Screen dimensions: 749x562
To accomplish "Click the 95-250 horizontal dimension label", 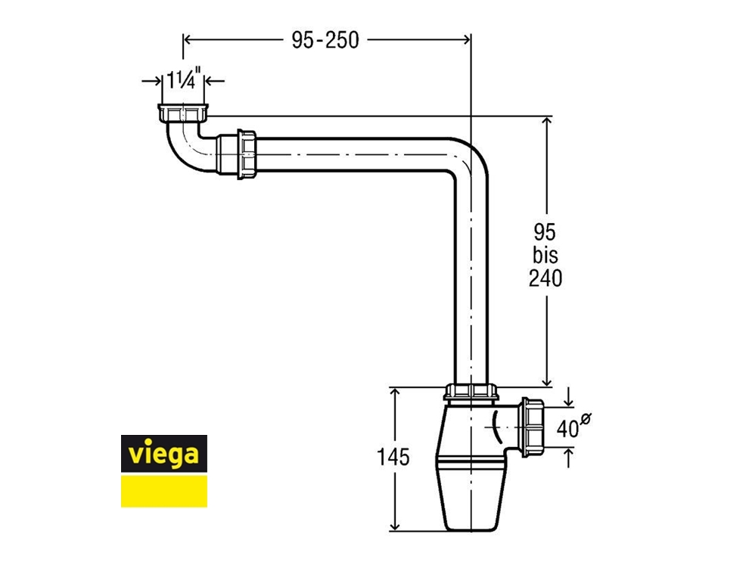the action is click(325, 40).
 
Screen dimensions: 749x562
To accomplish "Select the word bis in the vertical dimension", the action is click(545, 255).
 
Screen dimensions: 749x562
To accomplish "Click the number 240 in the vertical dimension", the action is click(545, 278).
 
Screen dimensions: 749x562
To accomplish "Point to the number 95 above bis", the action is click(545, 232).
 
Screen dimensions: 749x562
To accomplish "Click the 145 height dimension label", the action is click(393, 457).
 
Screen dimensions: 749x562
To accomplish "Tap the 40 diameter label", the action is click(567, 428).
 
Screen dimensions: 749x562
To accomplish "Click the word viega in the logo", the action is click(164, 453).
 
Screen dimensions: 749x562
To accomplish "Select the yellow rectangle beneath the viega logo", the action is click(164, 491).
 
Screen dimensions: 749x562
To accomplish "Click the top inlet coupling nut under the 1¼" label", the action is click(183, 113).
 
